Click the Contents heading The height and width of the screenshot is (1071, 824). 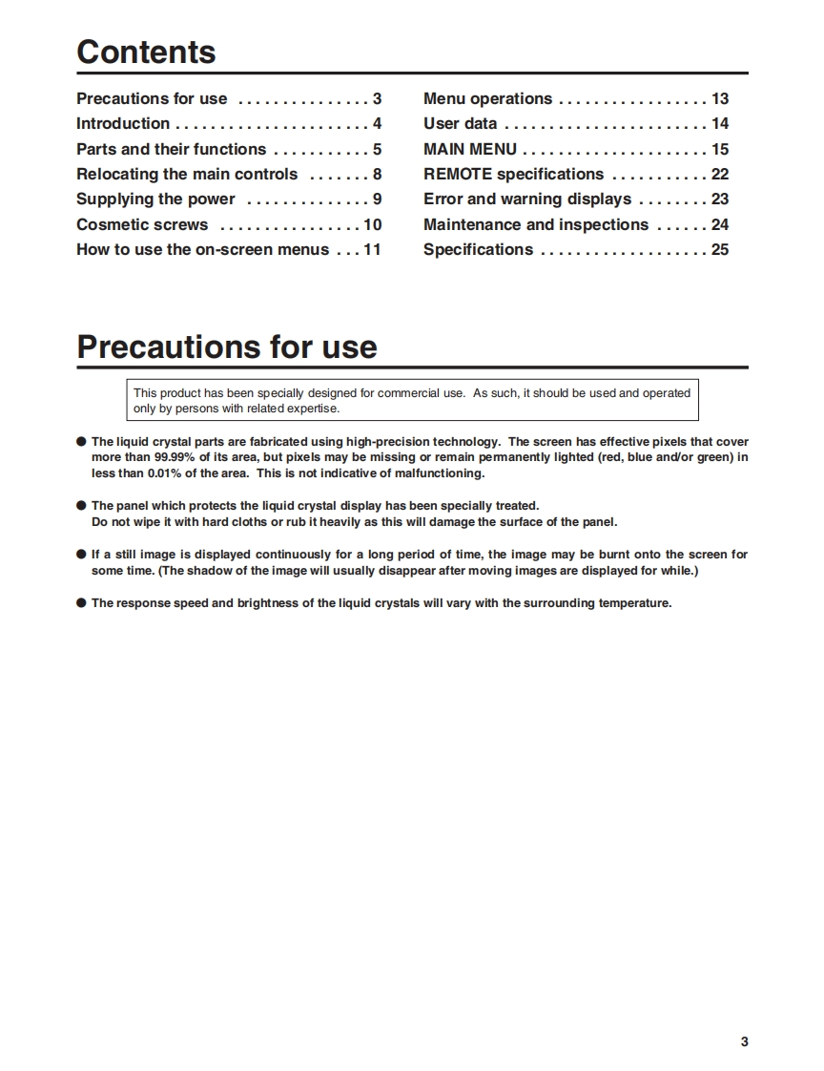[146, 52]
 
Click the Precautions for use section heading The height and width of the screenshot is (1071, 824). [227, 346]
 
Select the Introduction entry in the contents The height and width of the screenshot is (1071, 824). [123, 123]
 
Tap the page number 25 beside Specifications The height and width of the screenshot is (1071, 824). [719, 249]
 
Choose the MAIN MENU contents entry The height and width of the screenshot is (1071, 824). [470, 149]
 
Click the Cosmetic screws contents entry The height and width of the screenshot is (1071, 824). [142, 224]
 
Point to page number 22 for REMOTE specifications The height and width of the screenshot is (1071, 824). [719, 174]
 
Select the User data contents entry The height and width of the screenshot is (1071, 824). [460, 123]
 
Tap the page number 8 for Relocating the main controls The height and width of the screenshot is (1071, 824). [378, 174]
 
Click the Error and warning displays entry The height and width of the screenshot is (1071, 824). [527, 199]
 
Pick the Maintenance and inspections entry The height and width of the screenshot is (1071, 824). [536, 224]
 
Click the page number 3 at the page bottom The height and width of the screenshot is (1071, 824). [744, 1041]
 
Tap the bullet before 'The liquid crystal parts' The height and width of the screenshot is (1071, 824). [81, 442]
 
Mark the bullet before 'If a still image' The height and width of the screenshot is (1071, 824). [81, 554]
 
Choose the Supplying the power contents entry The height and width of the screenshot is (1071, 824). [155, 199]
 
